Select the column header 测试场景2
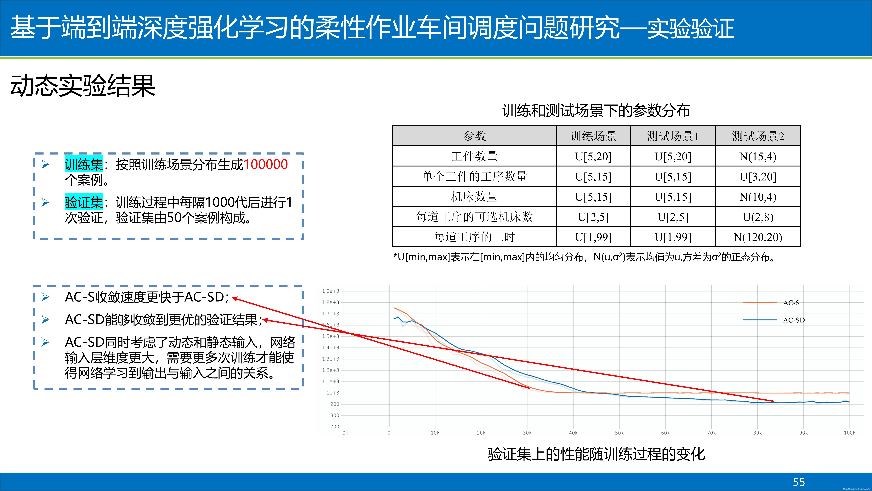tap(758, 136)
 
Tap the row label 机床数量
tap(474, 197)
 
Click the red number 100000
tap(265, 164)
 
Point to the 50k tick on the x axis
tap(619, 433)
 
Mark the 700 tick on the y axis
tap(334, 427)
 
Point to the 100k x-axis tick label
tap(849, 433)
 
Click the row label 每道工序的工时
tap(474, 237)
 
